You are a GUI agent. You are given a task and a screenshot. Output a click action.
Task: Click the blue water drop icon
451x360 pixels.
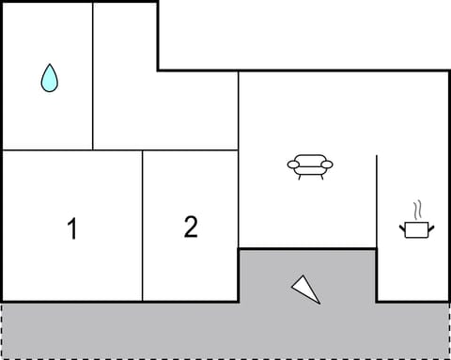[x=50, y=78]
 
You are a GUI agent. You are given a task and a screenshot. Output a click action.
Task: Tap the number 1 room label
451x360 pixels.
[x=72, y=228]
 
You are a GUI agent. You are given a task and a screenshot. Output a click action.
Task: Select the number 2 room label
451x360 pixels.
[x=191, y=227]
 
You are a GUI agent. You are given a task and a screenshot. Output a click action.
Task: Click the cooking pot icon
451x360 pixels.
[x=415, y=227]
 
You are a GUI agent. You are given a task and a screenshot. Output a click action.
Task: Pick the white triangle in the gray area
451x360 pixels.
[x=306, y=290]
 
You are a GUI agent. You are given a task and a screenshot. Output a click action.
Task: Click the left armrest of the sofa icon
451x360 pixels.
[x=292, y=165]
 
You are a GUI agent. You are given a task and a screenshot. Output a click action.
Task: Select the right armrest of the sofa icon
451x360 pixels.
[x=327, y=165]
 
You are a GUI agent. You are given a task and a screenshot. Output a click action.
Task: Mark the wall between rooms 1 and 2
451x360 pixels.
[x=143, y=226]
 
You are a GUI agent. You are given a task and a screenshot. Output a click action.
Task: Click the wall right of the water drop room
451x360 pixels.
[x=93, y=75]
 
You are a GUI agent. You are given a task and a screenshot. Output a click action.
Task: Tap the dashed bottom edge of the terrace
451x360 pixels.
[x=225, y=358]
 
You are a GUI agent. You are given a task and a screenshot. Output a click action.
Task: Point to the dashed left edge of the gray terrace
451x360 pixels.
[x=2, y=330]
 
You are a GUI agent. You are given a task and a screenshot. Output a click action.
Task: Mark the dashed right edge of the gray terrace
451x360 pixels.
[x=449, y=330]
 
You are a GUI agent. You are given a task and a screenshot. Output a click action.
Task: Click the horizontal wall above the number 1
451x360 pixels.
[x=72, y=150]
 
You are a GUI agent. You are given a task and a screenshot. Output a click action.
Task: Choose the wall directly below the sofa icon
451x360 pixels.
[x=308, y=248]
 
